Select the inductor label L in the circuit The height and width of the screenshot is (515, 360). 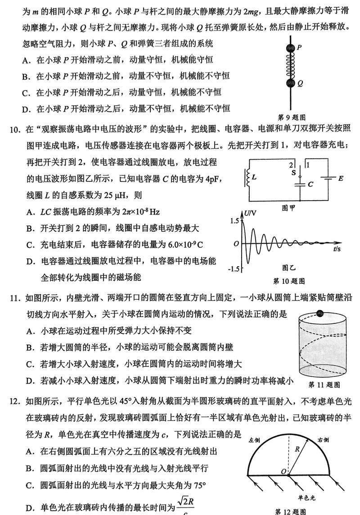[x=254, y=178]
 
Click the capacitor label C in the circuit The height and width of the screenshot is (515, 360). [x=311, y=184]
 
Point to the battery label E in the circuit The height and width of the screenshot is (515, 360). [x=341, y=179]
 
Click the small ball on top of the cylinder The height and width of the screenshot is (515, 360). [x=320, y=313]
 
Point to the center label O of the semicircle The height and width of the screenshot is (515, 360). [x=283, y=471]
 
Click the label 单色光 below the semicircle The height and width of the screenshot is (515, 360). [x=306, y=497]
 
